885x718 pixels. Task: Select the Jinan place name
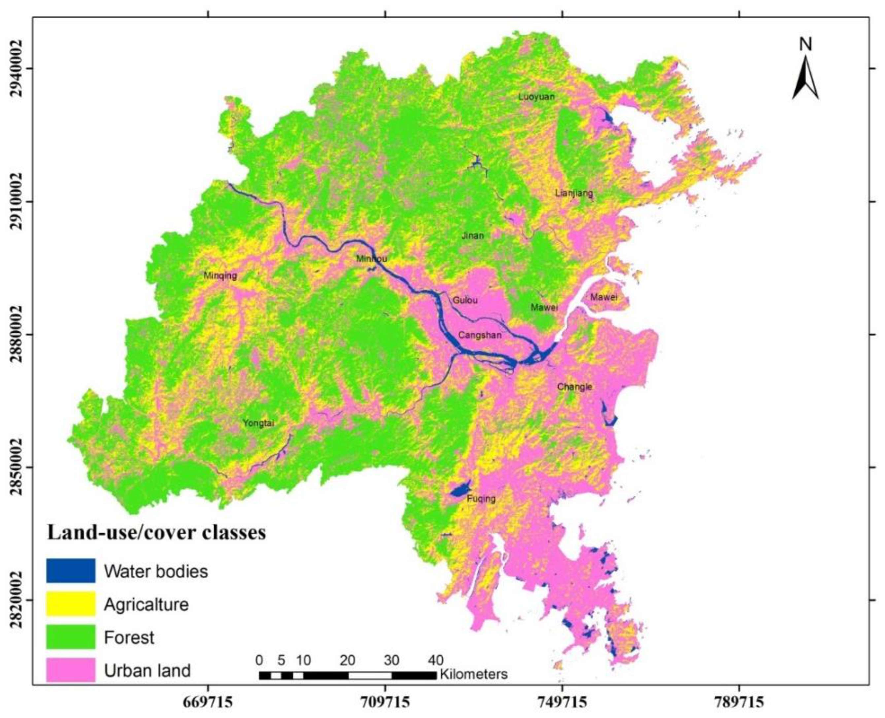[472, 236]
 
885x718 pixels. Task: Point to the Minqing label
[221, 276]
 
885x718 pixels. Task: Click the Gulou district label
[465, 300]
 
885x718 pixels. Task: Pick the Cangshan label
[480, 335]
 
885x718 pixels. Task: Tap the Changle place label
[574, 387]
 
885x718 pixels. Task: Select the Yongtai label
[258, 423]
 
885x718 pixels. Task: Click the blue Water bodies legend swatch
[71, 571]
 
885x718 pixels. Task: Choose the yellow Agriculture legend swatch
[71, 604]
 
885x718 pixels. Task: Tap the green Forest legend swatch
[71, 637]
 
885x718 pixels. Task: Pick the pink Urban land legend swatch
[71, 670]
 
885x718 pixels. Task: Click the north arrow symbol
[805, 75]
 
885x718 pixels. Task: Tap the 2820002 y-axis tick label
[16, 599]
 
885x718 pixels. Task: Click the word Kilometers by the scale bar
[473, 674]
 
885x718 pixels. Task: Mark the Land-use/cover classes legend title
[156, 533]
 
